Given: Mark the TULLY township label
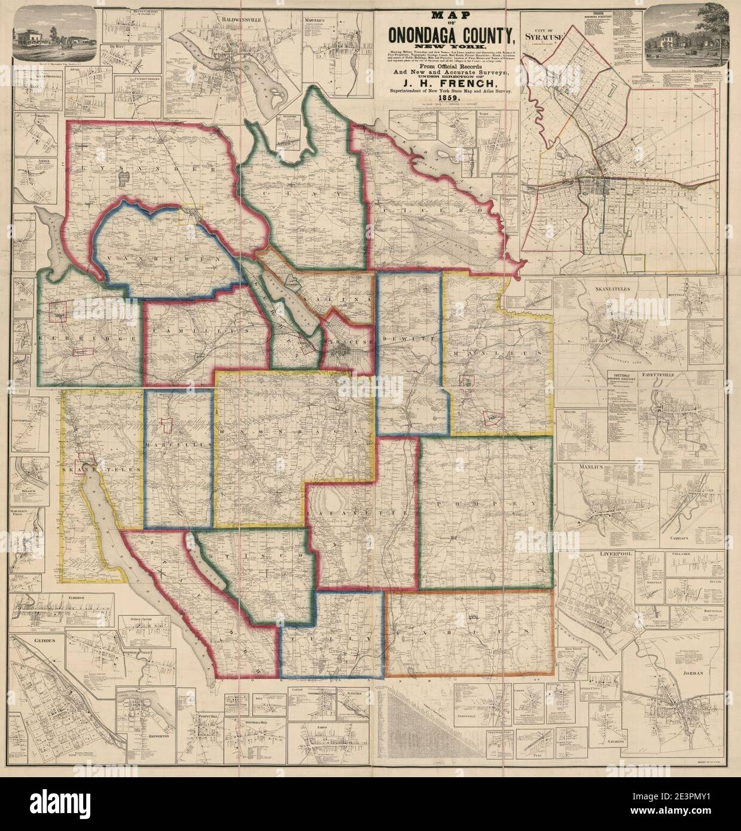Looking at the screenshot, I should (x=333, y=639).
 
